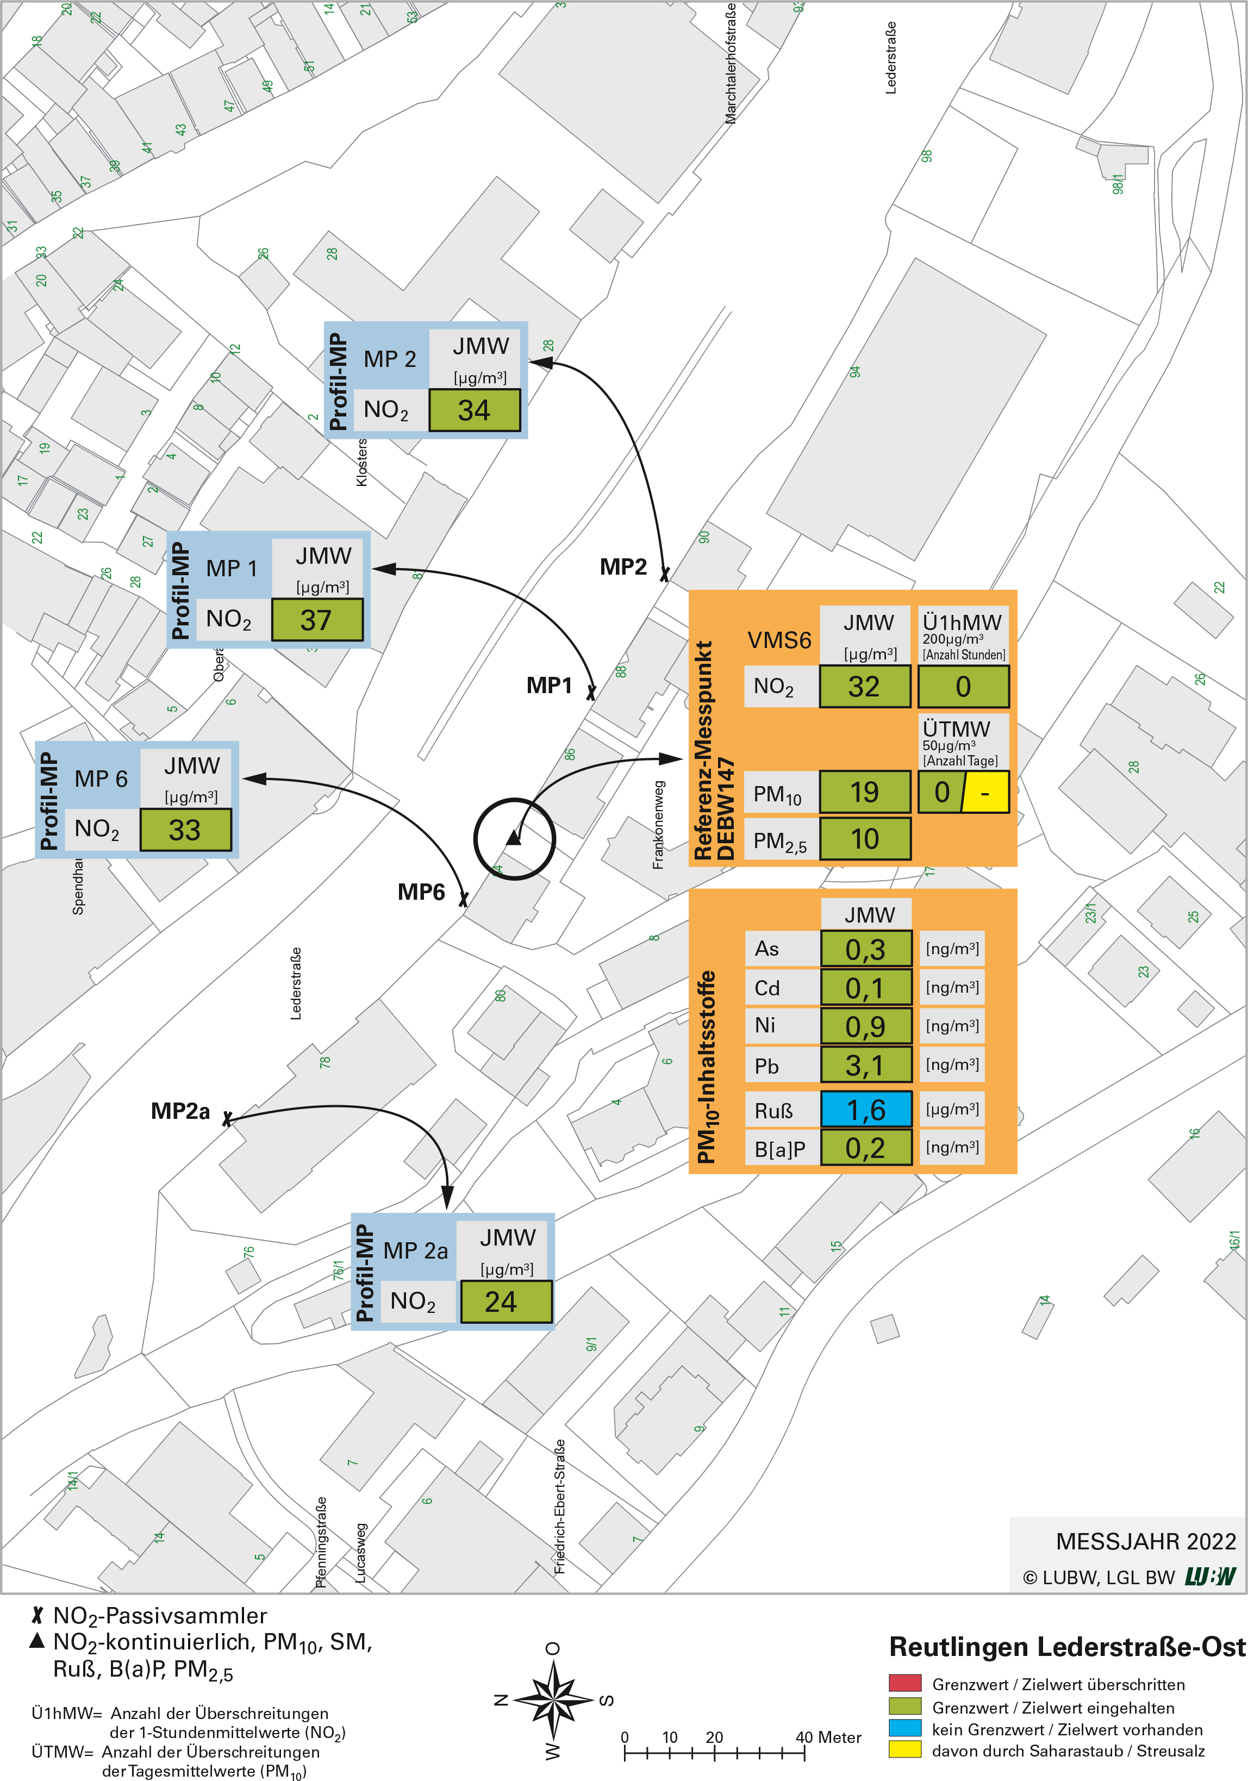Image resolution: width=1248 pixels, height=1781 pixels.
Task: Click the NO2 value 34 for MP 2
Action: pos(474,410)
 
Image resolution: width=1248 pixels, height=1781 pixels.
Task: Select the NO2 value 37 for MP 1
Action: pos(316,620)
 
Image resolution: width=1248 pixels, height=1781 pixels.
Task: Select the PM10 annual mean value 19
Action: pos(865,792)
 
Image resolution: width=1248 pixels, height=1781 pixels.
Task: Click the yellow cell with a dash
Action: pos(986,793)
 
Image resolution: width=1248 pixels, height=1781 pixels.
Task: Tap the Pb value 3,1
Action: pos(866,1066)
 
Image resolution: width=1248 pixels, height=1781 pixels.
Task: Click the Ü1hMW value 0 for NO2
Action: pos(963,687)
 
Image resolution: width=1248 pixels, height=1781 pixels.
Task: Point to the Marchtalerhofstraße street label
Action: pos(731,64)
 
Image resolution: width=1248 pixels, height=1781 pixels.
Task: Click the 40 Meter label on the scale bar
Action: pos(828,1738)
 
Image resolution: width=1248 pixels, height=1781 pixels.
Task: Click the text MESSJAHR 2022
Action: pos(1146,1541)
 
